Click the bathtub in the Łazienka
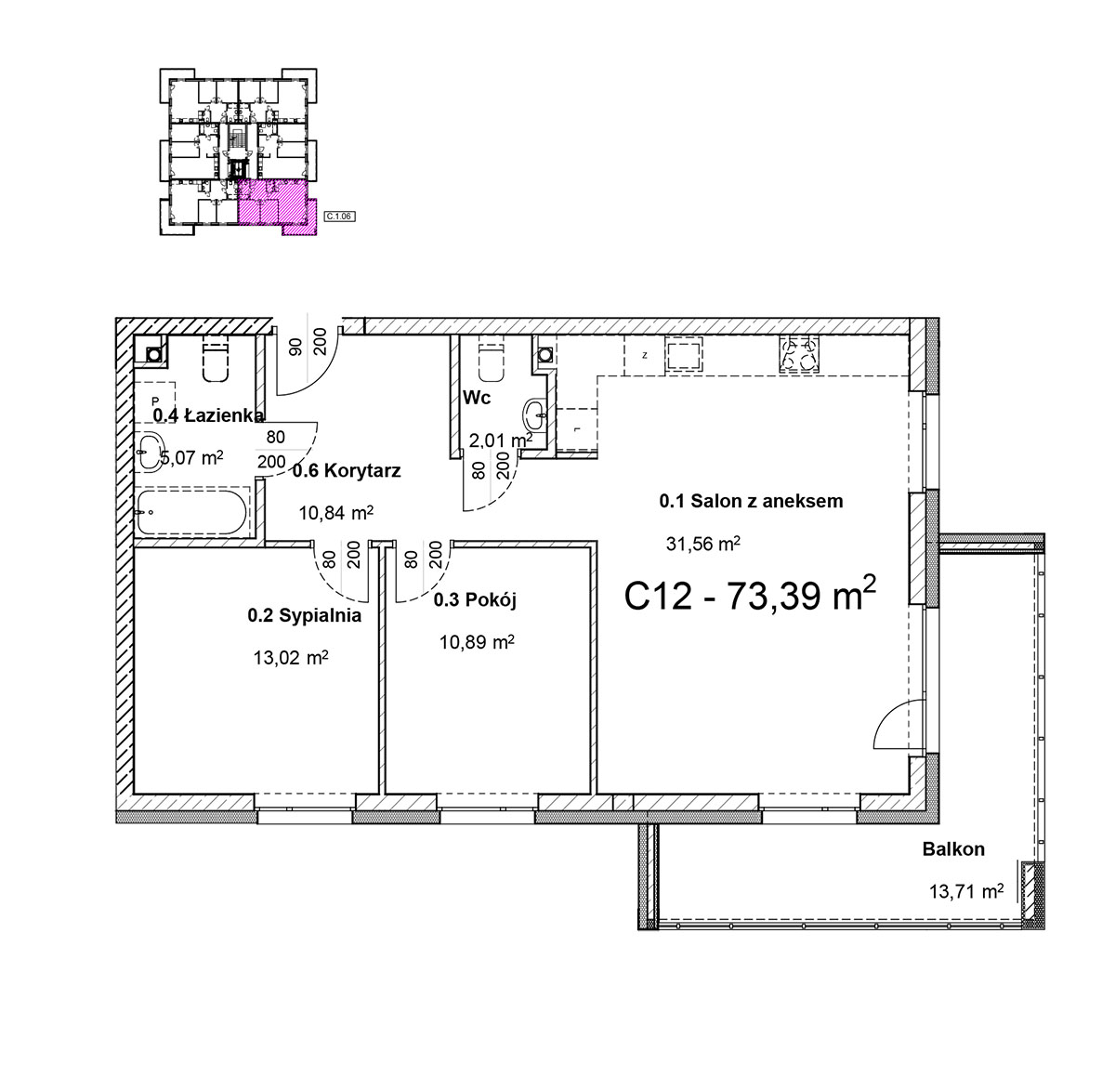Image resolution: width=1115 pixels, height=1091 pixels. point(191,511)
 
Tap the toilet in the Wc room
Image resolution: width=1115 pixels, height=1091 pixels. point(491,361)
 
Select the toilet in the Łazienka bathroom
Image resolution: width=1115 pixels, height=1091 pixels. point(216,361)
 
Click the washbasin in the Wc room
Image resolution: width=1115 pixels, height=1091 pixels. point(535,413)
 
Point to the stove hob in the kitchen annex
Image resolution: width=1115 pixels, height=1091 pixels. point(799,355)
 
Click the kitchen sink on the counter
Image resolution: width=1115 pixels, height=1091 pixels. point(684,355)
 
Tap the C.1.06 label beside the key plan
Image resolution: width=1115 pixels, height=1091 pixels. point(340,216)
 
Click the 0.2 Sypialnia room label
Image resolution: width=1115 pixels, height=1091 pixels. point(304,615)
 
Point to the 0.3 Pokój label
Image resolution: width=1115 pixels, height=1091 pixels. point(475,600)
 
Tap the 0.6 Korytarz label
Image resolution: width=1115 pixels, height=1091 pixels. point(347,470)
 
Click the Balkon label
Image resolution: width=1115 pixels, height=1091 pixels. point(953,848)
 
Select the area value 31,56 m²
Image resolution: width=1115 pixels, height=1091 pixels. point(703,544)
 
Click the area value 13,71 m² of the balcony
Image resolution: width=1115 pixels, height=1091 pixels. point(966,891)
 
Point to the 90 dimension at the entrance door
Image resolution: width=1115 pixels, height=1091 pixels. point(295,347)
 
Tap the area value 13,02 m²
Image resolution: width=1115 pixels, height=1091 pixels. point(291,657)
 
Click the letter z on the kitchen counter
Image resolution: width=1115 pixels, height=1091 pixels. point(645,355)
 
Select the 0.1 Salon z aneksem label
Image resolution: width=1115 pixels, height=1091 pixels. point(751,501)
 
